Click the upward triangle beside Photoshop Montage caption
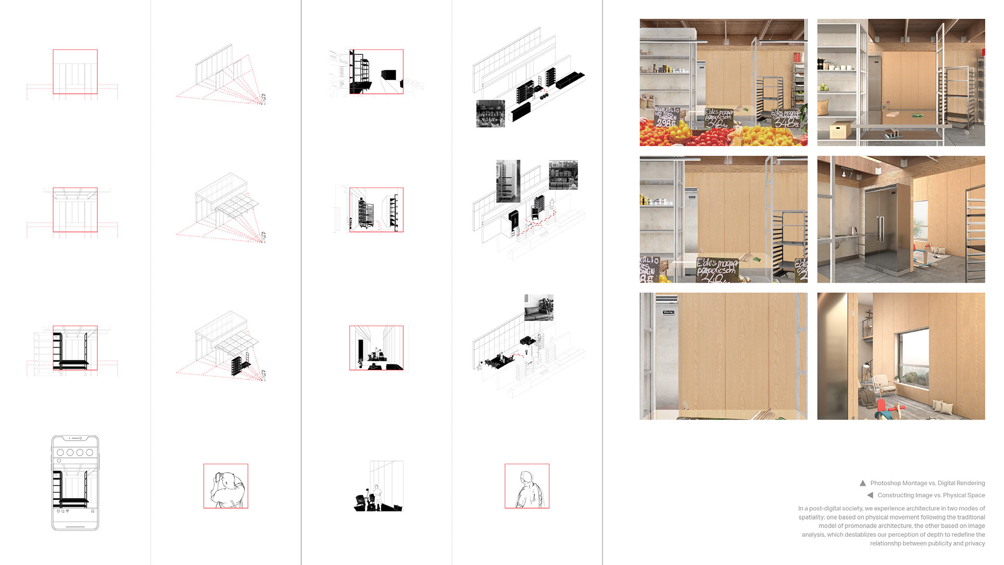[x=863, y=483]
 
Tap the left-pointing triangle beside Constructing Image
[x=870, y=495]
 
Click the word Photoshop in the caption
[x=884, y=483]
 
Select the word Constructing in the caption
[x=896, y=495]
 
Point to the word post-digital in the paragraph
[x=836, y=508]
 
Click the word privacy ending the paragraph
[x=975, y=543]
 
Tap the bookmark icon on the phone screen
[x=93, y=511]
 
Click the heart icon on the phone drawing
[x=59, y=511]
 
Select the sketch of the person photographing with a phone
[x=226, y=486]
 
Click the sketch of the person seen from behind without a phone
[x=527, y=486]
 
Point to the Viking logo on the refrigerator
[x=668, y=312]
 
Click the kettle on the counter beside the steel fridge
[x=853, y=230]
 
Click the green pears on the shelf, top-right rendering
[x=825, y=88]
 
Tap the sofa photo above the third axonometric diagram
[x=539, y=308]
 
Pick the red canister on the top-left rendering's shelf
[x=797, y=57]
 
